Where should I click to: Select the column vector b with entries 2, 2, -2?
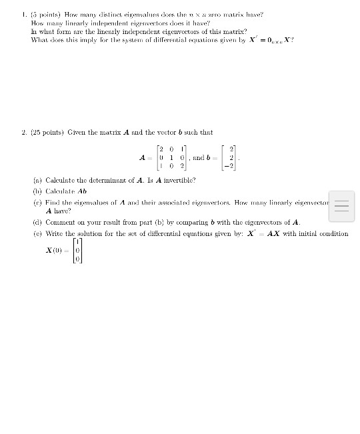click(x=231, y=158)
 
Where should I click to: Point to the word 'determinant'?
click(x=96, y=180)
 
